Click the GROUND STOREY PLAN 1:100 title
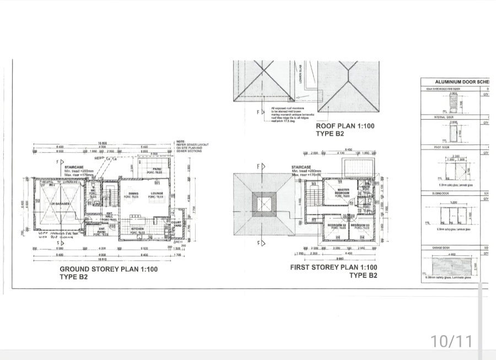(x=109, y=270)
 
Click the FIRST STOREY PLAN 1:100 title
(x=335, y=267)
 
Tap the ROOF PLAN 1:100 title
(x=344, y=126)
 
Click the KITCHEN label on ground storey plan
(x=137, y=228)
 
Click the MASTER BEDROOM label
(x=342, y=192)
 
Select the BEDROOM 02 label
(x=337, y=226)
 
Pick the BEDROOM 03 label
(x=359, y=226)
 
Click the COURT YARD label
(x=176, y=223)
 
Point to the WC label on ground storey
(x=94, y=191)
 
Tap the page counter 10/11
(x=451, y=341)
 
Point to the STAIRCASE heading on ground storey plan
(x=73, y=166)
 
